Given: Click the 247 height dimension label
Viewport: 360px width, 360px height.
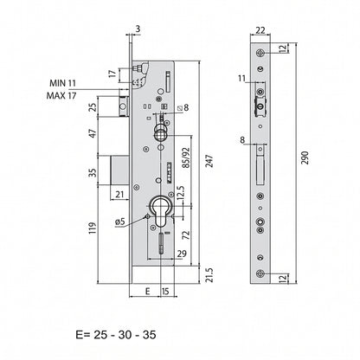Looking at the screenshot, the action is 209,161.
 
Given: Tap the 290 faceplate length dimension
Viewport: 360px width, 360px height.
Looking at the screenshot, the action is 305,157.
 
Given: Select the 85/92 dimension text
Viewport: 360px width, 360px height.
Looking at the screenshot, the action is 186,157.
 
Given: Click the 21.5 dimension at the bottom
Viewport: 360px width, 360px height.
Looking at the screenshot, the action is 209,275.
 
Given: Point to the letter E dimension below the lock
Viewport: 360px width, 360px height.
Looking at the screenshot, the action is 147,292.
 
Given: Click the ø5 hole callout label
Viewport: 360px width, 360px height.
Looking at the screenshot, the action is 119,222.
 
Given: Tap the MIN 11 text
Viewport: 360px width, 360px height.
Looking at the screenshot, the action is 62,83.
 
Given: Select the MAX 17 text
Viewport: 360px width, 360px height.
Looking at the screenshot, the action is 61,95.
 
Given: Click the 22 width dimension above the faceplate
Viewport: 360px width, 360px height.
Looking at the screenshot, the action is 260,30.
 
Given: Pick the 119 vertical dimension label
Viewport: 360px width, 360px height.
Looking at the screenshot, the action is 93,228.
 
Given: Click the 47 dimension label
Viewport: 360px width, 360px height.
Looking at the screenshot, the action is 93,133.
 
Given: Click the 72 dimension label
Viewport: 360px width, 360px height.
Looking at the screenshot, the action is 186,235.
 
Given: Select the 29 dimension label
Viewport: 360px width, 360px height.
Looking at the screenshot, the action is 182,254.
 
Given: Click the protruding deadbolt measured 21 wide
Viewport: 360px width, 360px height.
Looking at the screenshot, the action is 119,170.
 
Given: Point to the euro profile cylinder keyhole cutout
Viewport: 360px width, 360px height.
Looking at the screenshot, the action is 160,212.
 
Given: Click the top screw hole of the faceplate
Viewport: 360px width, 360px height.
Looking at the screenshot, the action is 260,53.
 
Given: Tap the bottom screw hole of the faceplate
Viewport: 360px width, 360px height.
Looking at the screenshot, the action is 260,273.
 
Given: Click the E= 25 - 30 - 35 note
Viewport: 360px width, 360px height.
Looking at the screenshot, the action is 116,335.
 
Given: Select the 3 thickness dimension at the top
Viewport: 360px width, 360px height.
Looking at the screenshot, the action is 138,29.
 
